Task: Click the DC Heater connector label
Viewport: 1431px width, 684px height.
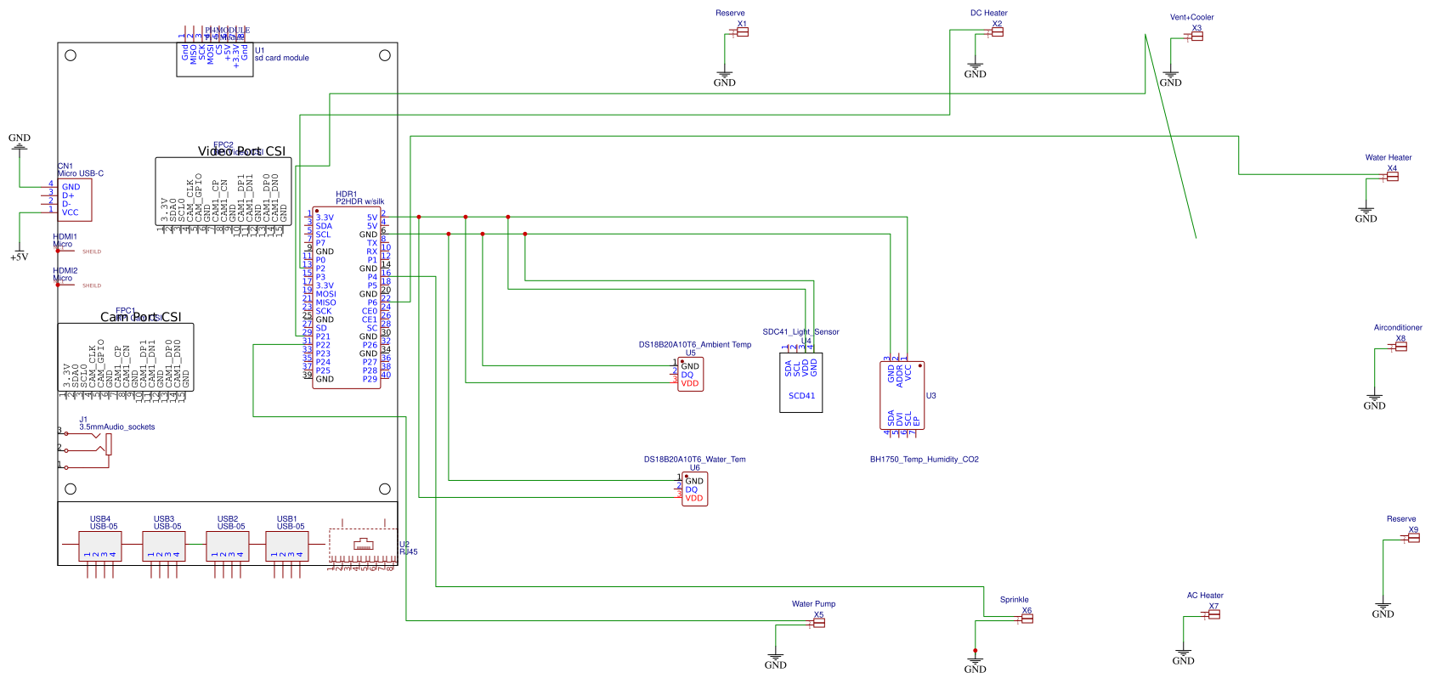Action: [x=988, y=13]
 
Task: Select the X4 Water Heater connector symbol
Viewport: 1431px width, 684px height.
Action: [x=1391, y=176]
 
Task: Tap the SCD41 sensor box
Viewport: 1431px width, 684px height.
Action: [x=800, y=382]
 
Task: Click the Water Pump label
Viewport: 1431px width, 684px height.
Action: [x=813, y=604]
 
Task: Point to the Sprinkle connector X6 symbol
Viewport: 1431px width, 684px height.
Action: [x=1027, y=619]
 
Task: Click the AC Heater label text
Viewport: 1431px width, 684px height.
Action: [x=1205, y=596]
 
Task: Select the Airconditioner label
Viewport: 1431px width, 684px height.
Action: [x=1398, y=327]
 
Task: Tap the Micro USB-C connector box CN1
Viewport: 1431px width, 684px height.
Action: [x=74, y=200]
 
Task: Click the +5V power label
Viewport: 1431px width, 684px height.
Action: [x=19, y=257]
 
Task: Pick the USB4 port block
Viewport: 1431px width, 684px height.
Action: [x=99, y=546]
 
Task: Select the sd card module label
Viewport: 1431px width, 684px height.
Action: [x=281, y=58]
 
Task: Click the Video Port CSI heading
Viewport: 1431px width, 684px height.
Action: [x=241, y=151]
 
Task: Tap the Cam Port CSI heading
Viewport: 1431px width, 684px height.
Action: [x=140, y=317]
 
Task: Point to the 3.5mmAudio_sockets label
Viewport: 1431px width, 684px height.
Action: [x=117, y=427]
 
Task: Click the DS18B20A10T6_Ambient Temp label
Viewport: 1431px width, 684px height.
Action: [x=694, y=344]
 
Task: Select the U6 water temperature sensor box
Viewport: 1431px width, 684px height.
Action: [x=694, y=489]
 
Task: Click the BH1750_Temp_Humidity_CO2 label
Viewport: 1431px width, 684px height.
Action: [x=924, y=459]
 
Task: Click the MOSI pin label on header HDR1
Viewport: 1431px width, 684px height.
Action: [x=325, y=294]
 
